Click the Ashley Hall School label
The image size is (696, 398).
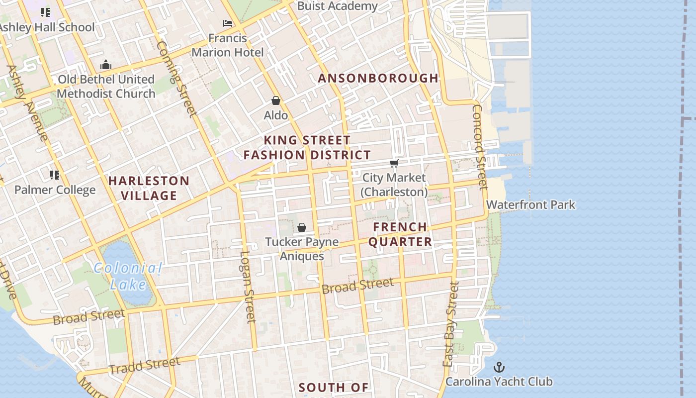coord(47,27)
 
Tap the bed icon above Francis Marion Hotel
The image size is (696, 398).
coord(228,23)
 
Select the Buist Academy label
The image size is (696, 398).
coord(337,6)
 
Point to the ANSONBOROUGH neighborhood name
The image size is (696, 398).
coord(378,78)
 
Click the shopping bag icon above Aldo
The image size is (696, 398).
coord(276,100)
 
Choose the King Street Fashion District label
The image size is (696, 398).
coord(307,148)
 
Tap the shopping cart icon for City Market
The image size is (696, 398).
coord(394,163)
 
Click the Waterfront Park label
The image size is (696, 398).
coord(530,204)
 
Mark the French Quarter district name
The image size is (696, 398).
coord(402,234)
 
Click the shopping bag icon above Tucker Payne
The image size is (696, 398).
coord(302,227)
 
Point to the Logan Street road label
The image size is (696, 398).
coord(247,287)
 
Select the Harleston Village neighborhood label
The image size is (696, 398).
coord(149,188)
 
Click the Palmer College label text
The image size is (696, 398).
coord(55,190)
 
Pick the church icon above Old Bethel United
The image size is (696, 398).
coord(105,65)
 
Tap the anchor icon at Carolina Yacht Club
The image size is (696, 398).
coord(499,367)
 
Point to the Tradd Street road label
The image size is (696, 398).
coord(144,366)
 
